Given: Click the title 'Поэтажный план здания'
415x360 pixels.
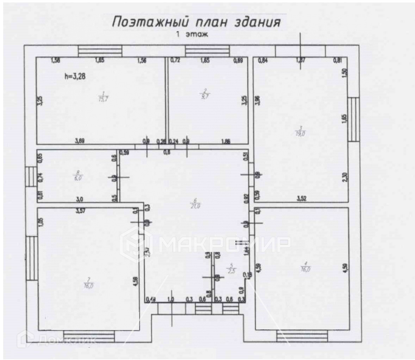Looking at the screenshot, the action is pyautogui.click(x=196, y=22).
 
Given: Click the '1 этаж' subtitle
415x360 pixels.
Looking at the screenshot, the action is pyautogui.click(x=192, y=35).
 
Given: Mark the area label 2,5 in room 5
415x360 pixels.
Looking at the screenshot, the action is pyautogui.click(x=231, y=271).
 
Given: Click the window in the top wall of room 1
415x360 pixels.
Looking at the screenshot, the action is pyautogui.click(x=100, y=51).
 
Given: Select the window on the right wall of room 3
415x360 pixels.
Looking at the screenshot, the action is pyautogui.click(x=353, y=119).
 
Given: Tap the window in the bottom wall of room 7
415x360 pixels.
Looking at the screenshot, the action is pyautogui.click(x=89, y=336).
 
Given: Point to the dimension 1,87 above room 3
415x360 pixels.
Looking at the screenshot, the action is pyautogui.click(x=301, y=60).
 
